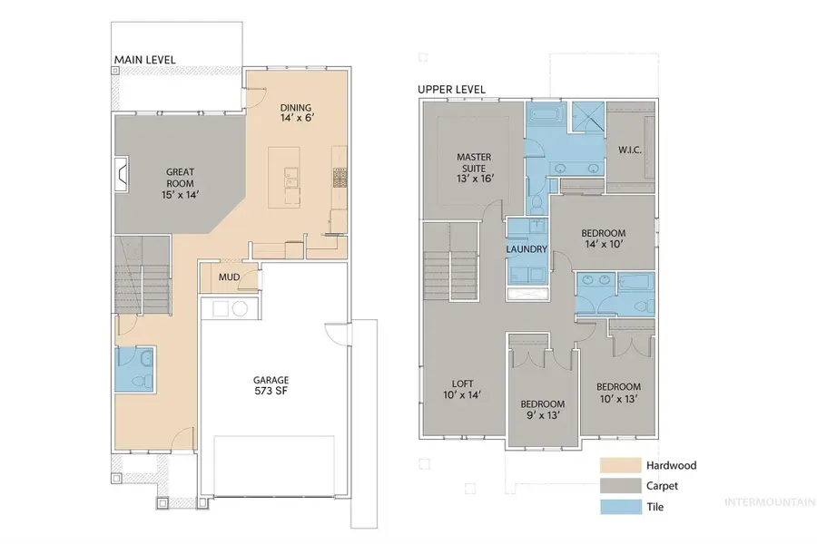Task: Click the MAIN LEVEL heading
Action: [x=144, y=60]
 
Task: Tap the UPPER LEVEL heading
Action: [x=451, y=90]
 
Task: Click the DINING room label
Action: [x=297, y=112]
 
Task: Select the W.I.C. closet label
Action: [x=629, y=150]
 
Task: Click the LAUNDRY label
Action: [x=527, y=249]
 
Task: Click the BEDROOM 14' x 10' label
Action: [x=604, y=238]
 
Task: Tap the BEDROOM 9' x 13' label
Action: [x=542, y=410]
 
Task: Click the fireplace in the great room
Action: [x=123, y=172]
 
